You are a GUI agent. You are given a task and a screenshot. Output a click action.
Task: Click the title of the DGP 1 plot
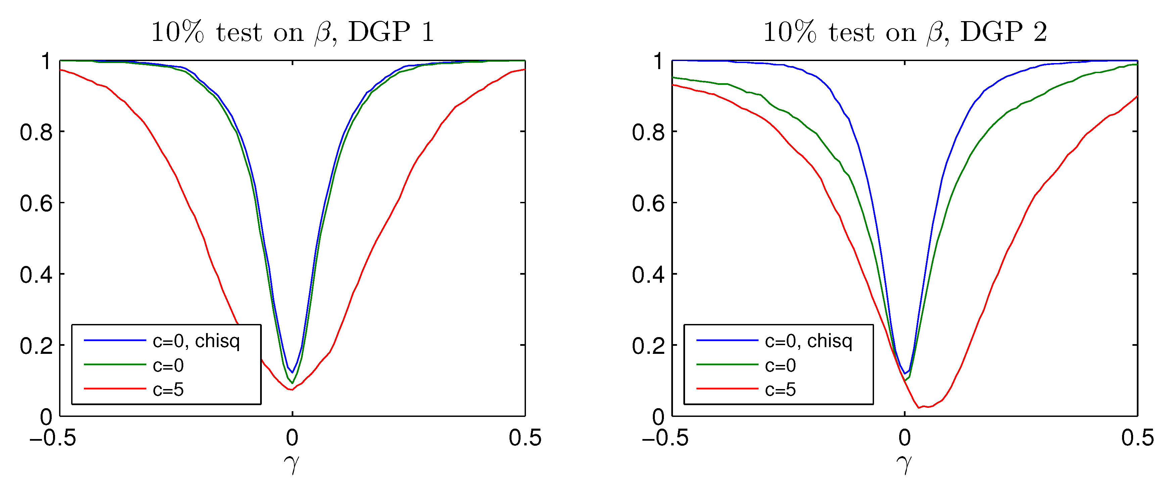click(293, 33)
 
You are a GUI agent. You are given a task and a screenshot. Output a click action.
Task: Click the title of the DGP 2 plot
click(905, 33)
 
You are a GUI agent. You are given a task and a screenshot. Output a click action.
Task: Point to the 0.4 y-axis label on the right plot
click(648, 275)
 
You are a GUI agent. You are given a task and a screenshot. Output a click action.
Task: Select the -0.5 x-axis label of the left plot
click(53, 438)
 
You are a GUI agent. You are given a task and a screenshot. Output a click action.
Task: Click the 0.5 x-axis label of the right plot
click(1137, 438)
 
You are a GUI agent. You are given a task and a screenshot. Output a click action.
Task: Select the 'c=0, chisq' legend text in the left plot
click(196, 341)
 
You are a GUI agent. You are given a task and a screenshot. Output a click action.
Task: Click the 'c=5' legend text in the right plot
click(780, 389)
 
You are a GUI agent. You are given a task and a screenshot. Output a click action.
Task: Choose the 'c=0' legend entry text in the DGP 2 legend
click(780, 365)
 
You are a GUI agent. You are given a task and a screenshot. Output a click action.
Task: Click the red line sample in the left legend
click(115, 388)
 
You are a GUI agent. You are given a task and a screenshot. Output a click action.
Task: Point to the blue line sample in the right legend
click(727, 340)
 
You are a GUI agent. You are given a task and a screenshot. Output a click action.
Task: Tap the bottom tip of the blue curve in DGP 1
click(293, 373)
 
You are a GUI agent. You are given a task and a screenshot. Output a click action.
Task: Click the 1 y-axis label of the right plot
click(658, 61)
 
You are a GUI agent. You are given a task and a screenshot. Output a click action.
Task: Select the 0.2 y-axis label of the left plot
click(36, 346)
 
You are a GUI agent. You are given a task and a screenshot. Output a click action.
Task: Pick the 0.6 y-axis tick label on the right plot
click(648, 204)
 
